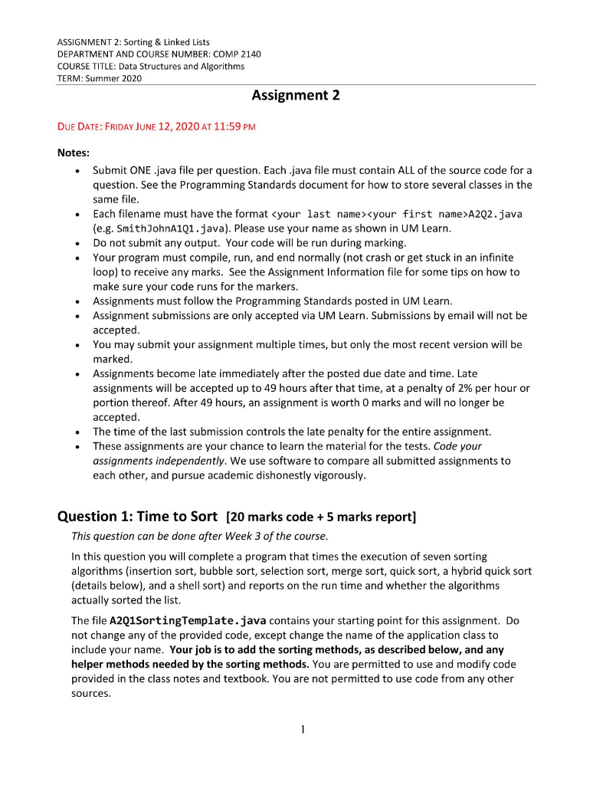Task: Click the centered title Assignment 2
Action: tap(295, 96)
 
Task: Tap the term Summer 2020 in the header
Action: tap(116, 78)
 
